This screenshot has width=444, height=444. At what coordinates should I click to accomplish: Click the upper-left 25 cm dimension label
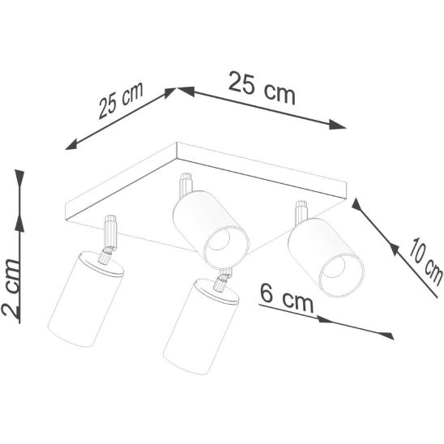point(122,100)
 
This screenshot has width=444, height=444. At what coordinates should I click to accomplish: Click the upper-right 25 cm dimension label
point(262,88)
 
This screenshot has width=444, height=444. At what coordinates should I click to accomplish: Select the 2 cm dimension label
point(11,288)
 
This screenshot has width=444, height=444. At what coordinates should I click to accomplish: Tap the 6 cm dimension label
point(287,298)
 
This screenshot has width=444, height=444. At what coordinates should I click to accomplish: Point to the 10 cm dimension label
point(425,262)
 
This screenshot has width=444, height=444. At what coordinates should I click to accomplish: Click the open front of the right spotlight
point(341,275)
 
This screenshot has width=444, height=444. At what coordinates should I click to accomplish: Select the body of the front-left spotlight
point(86,299)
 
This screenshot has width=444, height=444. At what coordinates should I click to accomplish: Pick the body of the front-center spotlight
point(201,327)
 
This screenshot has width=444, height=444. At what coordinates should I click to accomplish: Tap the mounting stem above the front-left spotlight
point(110,230)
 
